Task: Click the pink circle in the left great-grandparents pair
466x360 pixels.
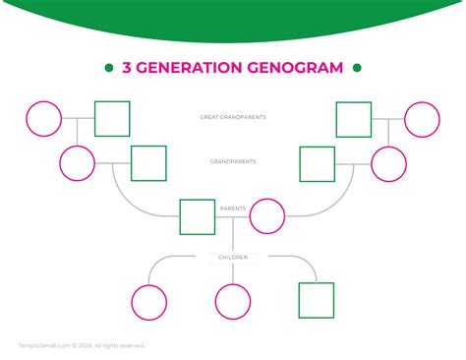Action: [x=43, y=119]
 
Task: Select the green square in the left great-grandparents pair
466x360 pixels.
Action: [x=112, y=119]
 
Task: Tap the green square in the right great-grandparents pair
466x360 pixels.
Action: [x=354, y=119]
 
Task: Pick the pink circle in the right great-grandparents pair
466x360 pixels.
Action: [x=423, y=119]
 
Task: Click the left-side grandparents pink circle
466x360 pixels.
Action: [x=77, y=163]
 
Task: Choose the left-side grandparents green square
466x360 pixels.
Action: [x=148, y=163]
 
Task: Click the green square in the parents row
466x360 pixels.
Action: [x=197, y=216]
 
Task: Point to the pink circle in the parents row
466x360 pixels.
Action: [x=267, y=216]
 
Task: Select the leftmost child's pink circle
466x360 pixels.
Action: [x=149, y=301]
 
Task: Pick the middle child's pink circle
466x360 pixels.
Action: [x=233, y=301]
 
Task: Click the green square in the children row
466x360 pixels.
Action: [x=316, y=301]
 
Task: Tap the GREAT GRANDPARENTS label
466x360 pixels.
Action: [x=233, y=117]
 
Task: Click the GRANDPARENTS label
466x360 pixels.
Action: [x=233, y=161]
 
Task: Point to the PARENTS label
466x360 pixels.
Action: [x=233, y=209]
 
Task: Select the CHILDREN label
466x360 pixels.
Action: [x=233, y=257]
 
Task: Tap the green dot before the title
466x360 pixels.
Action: [x=108, y=68]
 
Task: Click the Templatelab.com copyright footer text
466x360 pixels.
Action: [x=82, y=345]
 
